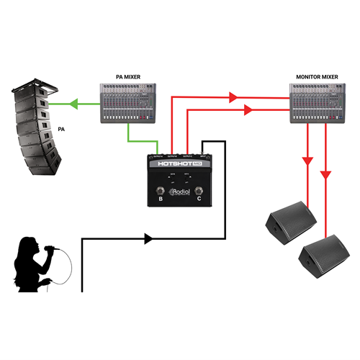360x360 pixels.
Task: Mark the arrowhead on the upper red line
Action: point(233,96)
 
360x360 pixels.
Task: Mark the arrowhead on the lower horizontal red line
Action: point(248,110)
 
